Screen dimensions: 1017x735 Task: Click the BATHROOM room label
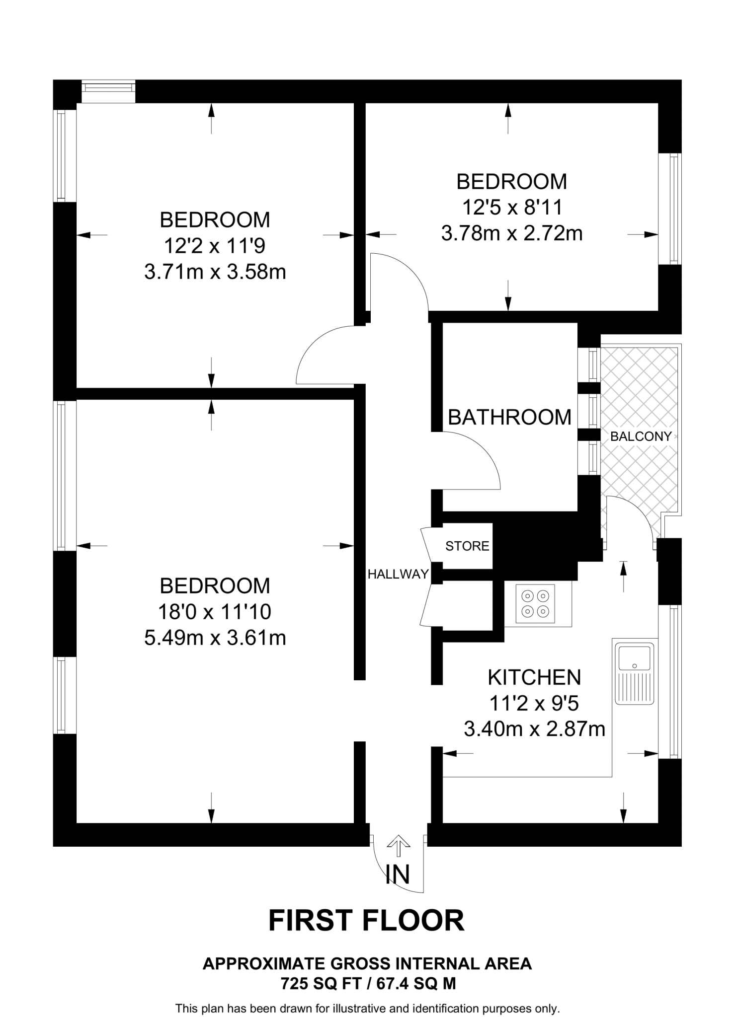(x=509, y=417)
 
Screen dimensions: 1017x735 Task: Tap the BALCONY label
(x=641, y=436)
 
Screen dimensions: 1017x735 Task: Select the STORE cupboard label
(x=467, y=546)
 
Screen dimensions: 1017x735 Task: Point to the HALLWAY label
(x=398, y=575)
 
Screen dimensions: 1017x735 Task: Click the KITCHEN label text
(x=534, y=677)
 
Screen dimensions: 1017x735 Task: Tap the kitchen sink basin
(x=634, y=658)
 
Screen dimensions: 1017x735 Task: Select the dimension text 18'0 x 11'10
(x=215, y=612)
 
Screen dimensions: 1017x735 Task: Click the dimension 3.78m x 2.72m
(x=512, y=233)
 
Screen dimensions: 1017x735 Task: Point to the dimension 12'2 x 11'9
(x=215, y=246)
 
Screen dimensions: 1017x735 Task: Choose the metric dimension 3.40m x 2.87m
(x=534, y=729)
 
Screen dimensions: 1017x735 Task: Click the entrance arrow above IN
(x=399, y=846)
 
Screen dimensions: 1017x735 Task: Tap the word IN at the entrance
(x=398, y=874)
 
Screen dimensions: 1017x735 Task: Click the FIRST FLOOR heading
(x=367, y=921)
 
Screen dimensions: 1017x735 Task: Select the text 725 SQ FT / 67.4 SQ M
(x=368, y=984)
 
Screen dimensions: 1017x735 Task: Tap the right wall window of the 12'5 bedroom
(x=674, y=209)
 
